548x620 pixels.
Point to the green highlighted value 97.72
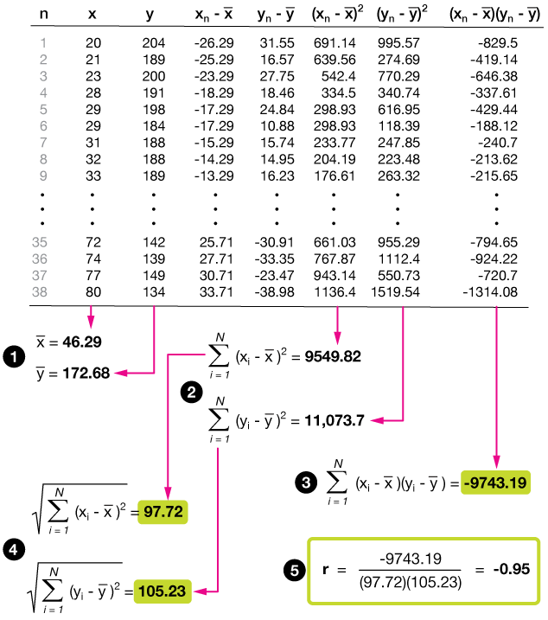163,512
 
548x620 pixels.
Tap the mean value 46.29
81,342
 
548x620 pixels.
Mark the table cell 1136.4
339,291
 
